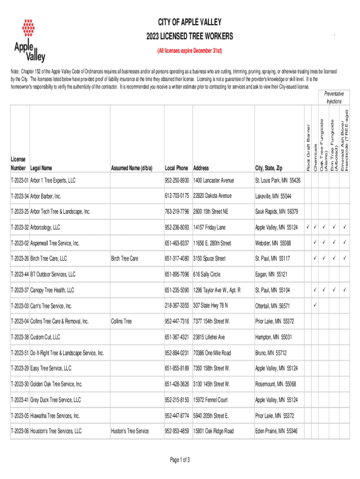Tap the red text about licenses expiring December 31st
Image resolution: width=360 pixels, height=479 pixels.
pos(189,50)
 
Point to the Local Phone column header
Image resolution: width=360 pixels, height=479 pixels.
pos(176,168)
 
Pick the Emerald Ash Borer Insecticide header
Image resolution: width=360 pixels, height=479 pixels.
pos(344,140)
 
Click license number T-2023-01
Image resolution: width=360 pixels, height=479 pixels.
pos(20,181)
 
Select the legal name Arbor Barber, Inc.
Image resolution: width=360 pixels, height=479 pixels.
pos(46,196)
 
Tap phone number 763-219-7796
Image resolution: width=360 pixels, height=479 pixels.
pos(176,212)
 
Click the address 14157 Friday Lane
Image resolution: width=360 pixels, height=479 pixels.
pos(209,228)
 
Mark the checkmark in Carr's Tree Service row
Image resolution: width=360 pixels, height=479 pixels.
pos(315,305)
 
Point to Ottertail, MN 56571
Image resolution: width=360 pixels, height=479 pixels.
pos(273,306)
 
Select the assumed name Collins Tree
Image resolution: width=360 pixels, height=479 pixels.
pos(121,321)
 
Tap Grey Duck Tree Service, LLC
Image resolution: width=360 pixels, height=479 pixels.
pos(56,400)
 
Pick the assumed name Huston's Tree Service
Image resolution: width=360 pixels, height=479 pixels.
pos(130,431)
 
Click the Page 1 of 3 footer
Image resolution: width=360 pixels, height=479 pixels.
pos(180,460)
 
